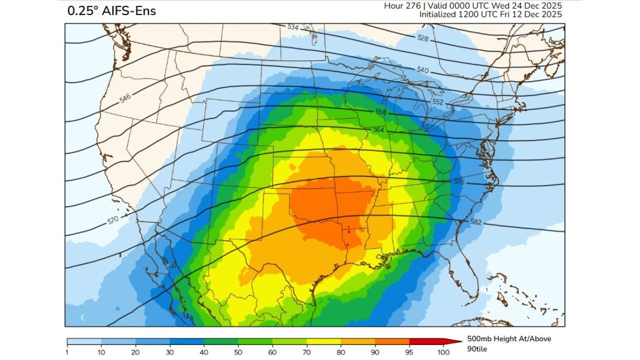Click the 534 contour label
[293, 27]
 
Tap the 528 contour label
[422, 38]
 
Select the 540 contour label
[422, 70]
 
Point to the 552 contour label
[438, 101]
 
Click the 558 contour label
[380, 112]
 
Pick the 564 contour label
[378, 129]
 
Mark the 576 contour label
[458, 182]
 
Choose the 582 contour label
[475, 221]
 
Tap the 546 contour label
[125, 98]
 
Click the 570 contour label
[113, 219]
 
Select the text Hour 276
[402, 5]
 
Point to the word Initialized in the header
[437, 14]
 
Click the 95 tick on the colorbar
[409, 352]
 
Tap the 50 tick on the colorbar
[238, 352]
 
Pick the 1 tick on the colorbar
[67, 352]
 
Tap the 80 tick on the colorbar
[340, 352]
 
